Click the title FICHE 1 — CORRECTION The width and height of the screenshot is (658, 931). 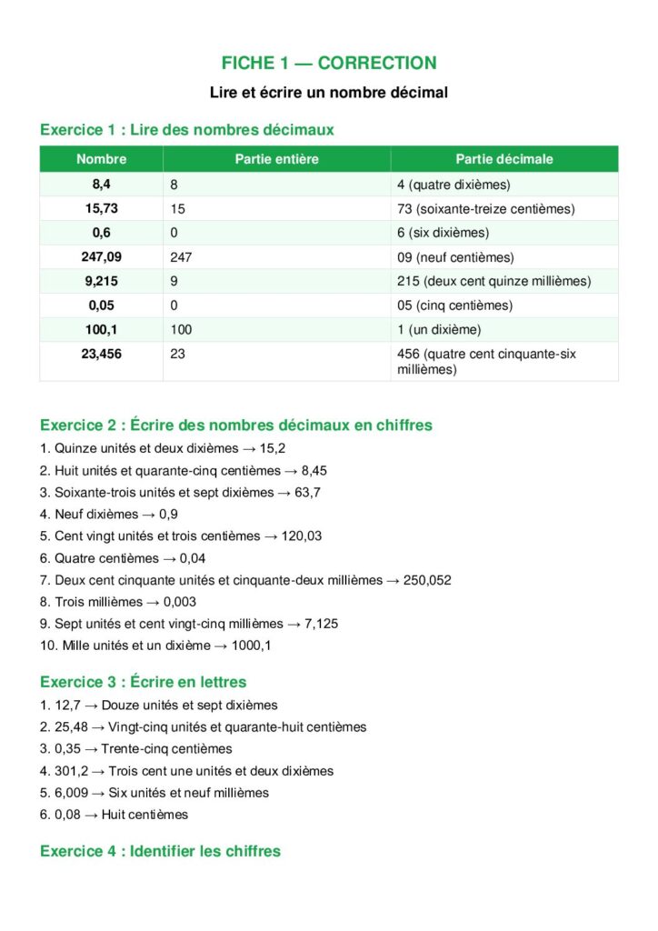(329, 63)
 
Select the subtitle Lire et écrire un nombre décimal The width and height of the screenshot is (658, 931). (329, 93)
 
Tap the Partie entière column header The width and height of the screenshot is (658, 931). (276, 159)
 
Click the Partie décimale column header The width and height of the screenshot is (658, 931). (504, 159)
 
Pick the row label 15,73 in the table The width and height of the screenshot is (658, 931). (101, 208)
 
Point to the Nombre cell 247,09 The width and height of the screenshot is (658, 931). (101, 257)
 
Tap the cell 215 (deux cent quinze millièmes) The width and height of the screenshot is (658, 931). (493, 281)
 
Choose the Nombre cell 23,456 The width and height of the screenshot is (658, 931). (101, 354)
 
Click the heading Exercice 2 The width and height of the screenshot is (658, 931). (236, 425)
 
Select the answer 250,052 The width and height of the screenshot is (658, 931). (428, 580)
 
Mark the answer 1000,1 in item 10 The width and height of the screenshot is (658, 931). (254, 646)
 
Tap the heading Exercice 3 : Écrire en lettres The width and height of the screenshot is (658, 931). (144, 682)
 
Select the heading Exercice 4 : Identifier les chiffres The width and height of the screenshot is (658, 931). (160, 851)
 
